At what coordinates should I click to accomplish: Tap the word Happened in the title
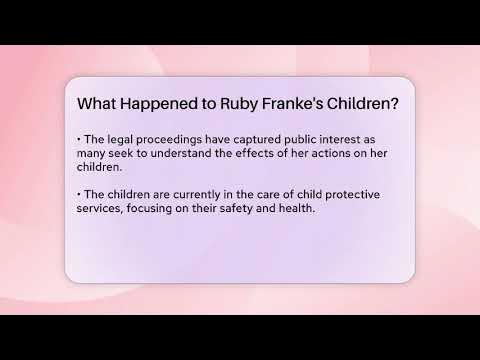tap(164, 103)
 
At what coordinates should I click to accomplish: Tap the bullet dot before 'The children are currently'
tap(78, 192)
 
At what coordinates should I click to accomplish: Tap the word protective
tap(361, 192)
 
